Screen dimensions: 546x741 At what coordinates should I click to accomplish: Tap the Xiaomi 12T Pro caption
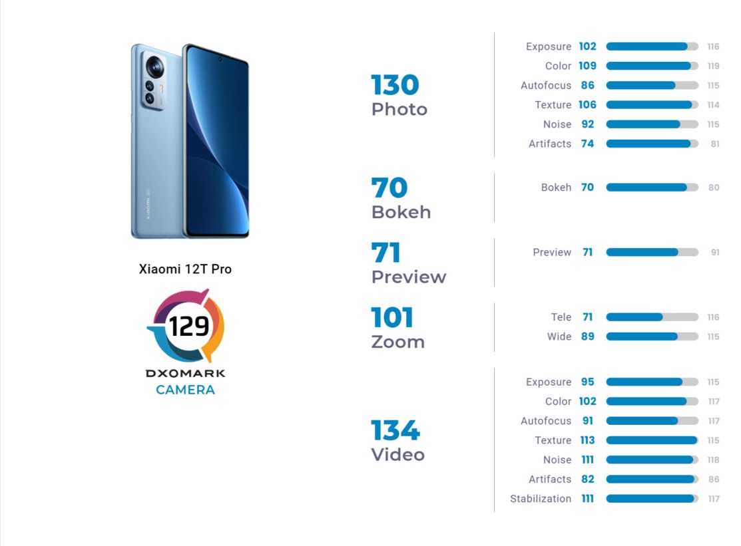(185, 269)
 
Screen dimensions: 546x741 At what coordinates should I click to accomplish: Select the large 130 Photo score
(395, 85)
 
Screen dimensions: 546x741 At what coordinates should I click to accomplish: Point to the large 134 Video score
(395, 431)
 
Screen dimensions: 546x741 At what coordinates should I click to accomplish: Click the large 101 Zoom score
(392, 318)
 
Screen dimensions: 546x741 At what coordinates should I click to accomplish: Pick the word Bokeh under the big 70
(401, 212)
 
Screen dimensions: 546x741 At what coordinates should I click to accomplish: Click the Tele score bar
(652, 317)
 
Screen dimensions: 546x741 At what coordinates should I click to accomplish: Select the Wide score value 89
(587, 337)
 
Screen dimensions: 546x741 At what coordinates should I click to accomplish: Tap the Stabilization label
(541, 499)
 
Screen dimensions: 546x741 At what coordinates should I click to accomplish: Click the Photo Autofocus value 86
(587, 85)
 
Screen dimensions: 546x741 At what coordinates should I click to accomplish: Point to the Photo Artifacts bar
(652, 144)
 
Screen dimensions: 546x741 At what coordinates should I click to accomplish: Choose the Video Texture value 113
(587, 440)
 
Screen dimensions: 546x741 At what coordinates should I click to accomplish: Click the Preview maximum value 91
(714, 253)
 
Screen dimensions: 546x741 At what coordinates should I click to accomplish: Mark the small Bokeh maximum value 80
(714, 188)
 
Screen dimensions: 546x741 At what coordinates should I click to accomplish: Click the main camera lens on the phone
(155, 66)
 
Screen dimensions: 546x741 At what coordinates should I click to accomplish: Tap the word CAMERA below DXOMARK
(185, 390)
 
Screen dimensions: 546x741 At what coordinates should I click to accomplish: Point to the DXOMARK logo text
(185, 374)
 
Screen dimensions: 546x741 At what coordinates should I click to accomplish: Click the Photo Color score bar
(652, 66)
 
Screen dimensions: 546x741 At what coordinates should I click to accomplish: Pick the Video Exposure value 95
(587, 382)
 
